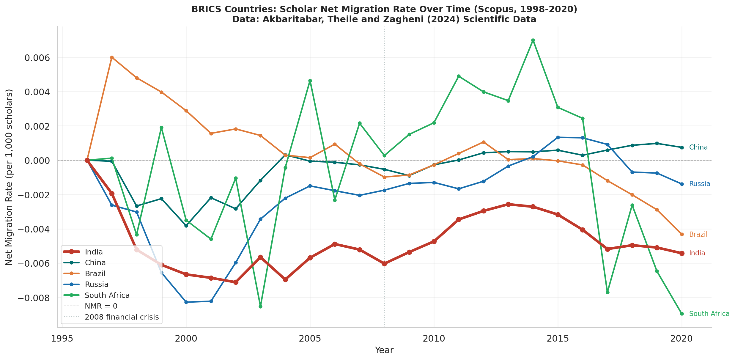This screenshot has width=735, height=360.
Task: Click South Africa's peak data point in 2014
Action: point(533,40)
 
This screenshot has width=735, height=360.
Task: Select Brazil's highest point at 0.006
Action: point(112,58)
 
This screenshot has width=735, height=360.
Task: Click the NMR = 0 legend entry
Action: point(101,306)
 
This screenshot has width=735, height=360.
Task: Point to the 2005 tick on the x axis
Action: point(310,339)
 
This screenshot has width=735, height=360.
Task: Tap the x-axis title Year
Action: point(384,350)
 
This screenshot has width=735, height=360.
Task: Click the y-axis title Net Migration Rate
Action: point(10,177)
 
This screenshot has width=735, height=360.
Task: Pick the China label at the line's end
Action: point(698,147)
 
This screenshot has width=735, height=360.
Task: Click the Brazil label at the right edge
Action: point(698,234)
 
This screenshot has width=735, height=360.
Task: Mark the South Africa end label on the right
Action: point(709,314)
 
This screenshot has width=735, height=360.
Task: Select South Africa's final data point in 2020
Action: point(682,314)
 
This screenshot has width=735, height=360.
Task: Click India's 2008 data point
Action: point(384,264)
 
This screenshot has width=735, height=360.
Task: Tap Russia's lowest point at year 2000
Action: point(186,302)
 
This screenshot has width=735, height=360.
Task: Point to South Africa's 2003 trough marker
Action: point(260,306)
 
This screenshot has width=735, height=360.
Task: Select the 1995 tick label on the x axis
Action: point(62,339)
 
